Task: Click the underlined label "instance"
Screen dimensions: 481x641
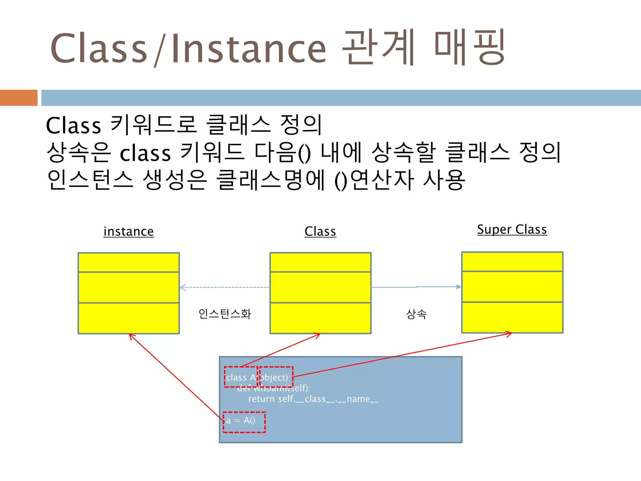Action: tap(129, 231)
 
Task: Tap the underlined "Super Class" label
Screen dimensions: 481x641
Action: tap(512, 229)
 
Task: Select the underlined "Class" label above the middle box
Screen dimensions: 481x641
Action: tap(320, 231)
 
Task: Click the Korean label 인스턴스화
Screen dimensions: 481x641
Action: tap(225, 313)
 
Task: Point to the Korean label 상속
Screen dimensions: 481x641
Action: tap(416, 313)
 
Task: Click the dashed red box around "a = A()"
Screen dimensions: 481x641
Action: tap(244, 422)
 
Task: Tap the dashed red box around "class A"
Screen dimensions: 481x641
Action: tap(241, 377)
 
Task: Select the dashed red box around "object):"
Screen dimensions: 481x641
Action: tap(276, 377)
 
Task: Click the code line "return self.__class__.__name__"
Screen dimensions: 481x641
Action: tap(313, 399)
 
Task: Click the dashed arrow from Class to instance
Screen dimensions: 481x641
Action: tap(225, 287)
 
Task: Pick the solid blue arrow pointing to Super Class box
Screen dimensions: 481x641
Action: tap(416, 287)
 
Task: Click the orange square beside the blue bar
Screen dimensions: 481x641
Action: tap(18, 98)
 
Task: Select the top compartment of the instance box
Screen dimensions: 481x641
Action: tap(129, 262)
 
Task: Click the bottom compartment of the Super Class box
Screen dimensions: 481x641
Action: tap(512, 317)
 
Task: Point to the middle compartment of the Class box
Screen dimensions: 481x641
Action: tap(320, 287)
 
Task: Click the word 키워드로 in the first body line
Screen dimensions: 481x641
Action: tap(154, 125)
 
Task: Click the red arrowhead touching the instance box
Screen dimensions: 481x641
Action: tap(131, 336)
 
